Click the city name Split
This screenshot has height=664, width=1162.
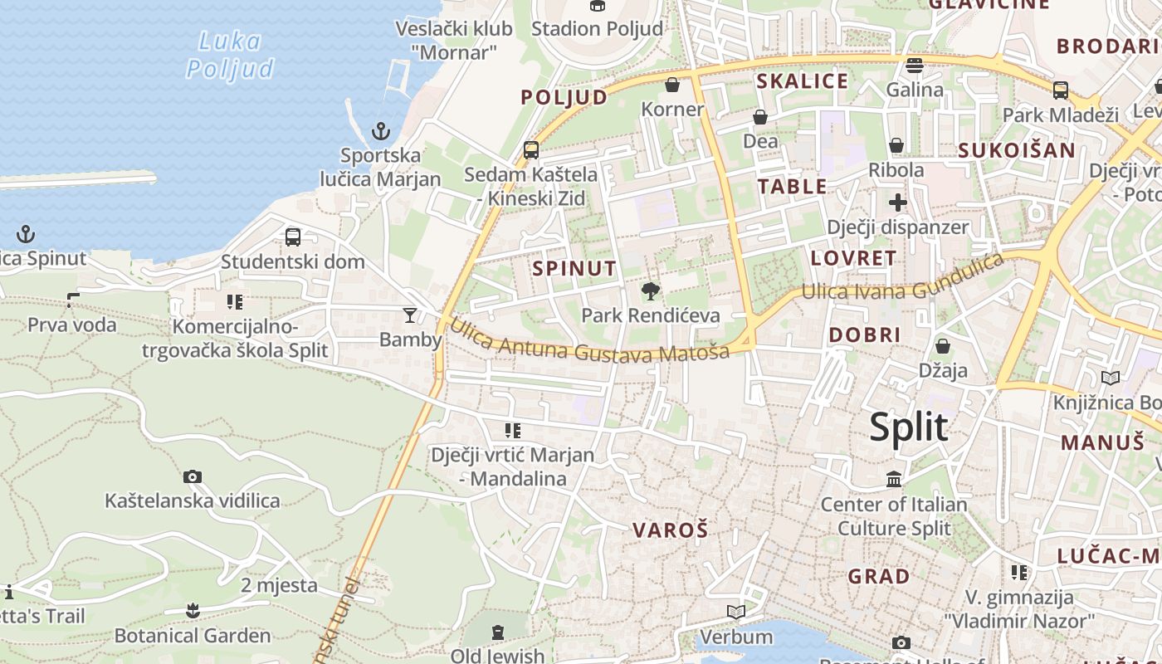(x=908, y=428)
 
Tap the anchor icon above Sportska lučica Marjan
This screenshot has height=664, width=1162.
(x=380, y=130)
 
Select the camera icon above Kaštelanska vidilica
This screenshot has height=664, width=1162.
(x=193, y=476)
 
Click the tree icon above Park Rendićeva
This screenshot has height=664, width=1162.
(x=651, y=290)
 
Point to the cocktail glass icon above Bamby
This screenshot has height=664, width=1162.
(x=410, y=315)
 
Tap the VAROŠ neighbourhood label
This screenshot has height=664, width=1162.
(x=670, y=530)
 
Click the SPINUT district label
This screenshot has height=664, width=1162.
(x=574, y=268)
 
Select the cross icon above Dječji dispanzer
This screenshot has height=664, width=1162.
(x=897, y=203)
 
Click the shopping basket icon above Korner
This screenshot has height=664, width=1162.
(x=672, y=85)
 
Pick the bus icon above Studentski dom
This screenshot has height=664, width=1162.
(x=293, y=237)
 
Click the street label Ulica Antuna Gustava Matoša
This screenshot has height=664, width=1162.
(x=589, y=339)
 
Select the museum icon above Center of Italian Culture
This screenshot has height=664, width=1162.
(x=894, y=479)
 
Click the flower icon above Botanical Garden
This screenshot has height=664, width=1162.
(x=193, y=611)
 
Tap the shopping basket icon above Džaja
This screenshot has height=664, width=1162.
(x=942, y=345)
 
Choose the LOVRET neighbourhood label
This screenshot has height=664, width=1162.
(x=853, y=258)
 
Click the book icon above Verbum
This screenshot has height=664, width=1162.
(x=735, y=613)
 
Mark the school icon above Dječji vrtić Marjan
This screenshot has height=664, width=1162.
(x=513, y=430)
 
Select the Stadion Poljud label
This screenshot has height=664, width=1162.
(x=597, y=28)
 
